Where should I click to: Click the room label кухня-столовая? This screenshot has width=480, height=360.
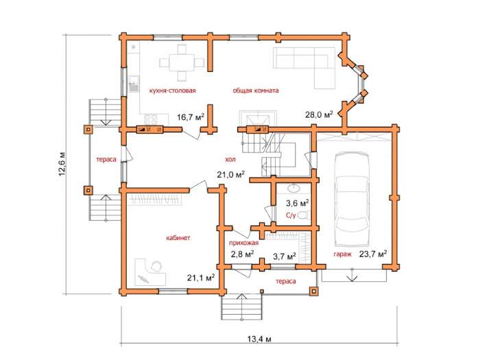coord(172,91)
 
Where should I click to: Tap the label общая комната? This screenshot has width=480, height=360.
coord(256,91)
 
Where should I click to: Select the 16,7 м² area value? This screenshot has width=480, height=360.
coord(191,117)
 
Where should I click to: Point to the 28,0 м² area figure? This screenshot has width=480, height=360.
coord(319,115)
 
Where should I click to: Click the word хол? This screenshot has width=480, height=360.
coord(230,160)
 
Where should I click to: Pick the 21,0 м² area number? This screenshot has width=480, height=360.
coord(231,175)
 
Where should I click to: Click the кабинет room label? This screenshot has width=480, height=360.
coord(178,237)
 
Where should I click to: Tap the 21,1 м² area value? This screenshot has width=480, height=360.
coord(201,278)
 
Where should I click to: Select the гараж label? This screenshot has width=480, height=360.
coord(342,254)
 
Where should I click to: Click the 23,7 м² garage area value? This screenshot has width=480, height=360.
coord(373,254)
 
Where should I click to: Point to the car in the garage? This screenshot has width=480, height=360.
coord(352,200)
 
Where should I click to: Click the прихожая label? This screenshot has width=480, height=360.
coord(244,243)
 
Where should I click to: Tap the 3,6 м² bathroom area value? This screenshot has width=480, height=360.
coord(297,203)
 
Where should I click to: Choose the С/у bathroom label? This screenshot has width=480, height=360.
coord(291,215)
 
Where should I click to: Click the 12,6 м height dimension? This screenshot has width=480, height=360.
coord(62,164)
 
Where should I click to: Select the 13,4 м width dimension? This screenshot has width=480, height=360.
coord(259,339)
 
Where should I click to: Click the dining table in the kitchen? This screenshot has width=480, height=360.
coord(182,63)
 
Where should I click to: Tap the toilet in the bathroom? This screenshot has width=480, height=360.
coord(304,215)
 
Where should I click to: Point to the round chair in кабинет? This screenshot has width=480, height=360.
coord(156,266)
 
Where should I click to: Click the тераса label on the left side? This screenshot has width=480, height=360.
coord(106,160)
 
